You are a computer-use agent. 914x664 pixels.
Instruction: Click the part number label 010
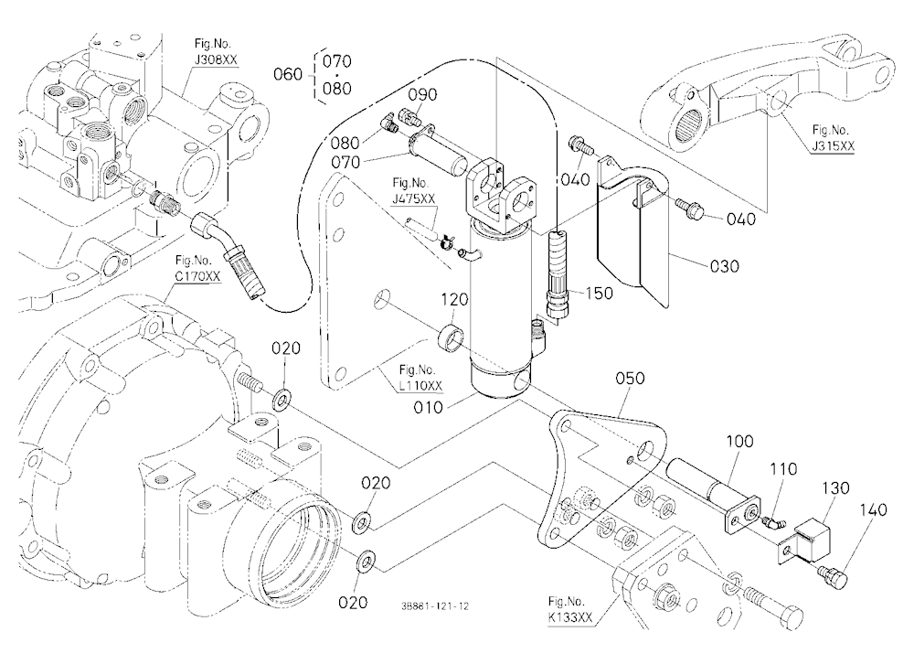click(429, 407)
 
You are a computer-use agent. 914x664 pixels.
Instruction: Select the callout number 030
click(725, 266)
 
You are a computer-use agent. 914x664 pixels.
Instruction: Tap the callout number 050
click(630, 379)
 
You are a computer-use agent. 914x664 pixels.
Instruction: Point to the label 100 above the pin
click(739, 441)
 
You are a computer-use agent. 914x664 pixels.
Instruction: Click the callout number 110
click(783, 469)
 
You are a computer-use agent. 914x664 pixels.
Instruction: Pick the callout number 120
click(454, 299)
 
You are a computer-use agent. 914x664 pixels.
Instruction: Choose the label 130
click(836, 487)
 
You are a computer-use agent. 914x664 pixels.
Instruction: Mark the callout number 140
click(873, 510)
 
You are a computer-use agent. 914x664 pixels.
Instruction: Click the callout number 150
click(600, 294)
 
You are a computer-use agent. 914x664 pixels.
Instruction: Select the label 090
click(422, 94)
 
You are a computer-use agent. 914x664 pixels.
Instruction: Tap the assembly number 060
click(289, 75)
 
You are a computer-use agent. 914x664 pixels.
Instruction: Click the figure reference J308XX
click(217, 59)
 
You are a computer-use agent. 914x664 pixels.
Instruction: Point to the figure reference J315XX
click(833, 145)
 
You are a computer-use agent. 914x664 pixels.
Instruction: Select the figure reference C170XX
click(198, 276)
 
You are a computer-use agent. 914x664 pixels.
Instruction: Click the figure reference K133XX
click(569, 617)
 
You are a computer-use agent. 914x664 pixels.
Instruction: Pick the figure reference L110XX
click(420, 386)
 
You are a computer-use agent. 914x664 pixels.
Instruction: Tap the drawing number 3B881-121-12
click(435, 606)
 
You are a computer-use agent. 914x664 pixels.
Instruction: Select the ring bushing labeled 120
click(452, 337)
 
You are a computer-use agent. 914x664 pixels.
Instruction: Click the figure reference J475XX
click(413, 199)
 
